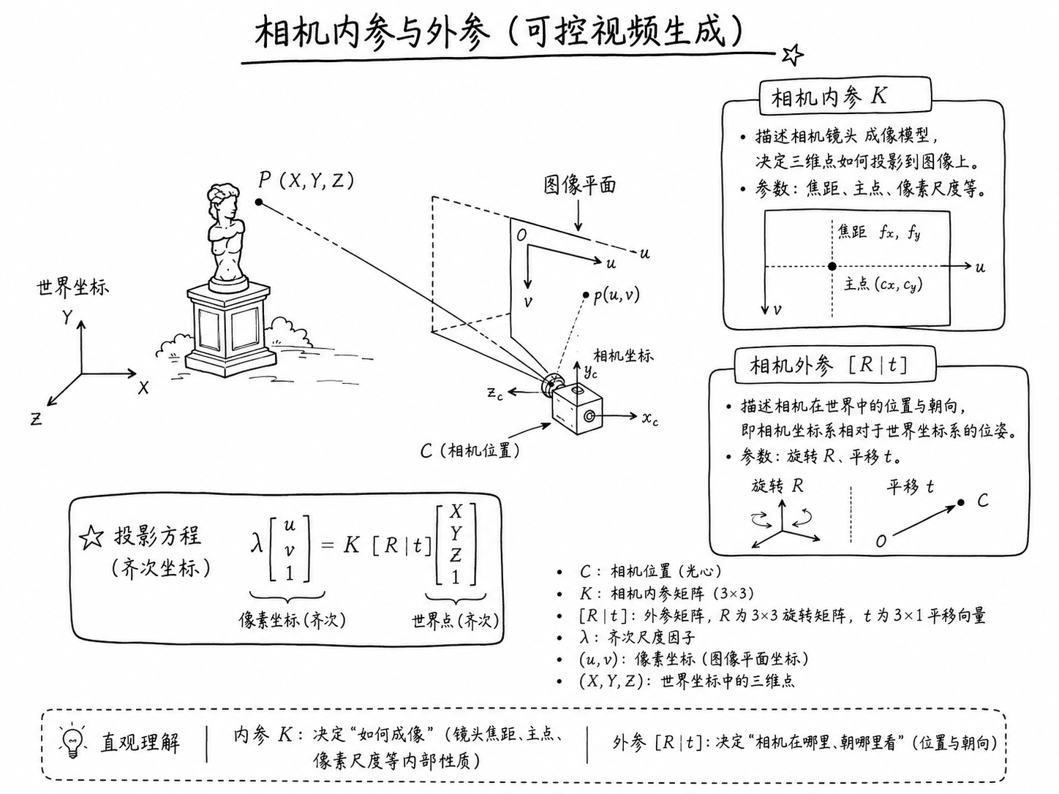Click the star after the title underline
coord(792,55)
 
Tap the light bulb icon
coord(72,741)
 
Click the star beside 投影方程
coord(91,537)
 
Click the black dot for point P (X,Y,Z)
coord(259,202)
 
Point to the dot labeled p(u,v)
coord(586,295)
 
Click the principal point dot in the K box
coord(832,266)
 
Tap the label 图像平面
coord(580,185)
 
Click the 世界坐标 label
coord(73,287)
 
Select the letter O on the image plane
coord(521,235)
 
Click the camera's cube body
coord(577,409)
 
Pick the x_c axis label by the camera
coord(650,418)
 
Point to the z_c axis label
coord(495,393)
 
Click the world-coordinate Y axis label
coord(67,317)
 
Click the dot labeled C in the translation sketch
coord(960,502)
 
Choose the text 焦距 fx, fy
coord(878,232)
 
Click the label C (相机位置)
coord(470,451)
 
